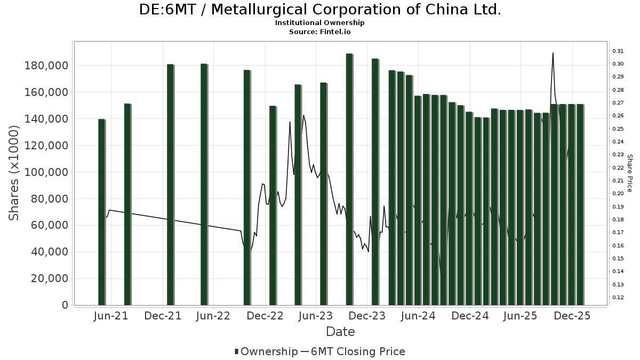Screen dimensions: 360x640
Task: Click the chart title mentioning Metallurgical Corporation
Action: [x=320, y=10]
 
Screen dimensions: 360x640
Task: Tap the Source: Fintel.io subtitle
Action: [x=320, y=32]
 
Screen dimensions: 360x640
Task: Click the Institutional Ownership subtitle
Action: [x=320, y=23]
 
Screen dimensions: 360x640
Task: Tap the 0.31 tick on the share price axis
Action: [x=618, y=51]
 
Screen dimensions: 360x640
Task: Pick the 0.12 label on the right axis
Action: [x=618, y=298]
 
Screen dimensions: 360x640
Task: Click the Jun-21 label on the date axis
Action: [x=110, y=316]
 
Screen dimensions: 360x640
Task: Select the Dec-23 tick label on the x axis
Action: [x=367, y=316]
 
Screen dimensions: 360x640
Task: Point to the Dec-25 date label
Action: [x=572, y=316]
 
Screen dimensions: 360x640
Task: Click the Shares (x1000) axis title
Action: [x=14, y=172]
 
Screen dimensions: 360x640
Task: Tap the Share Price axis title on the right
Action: [x=629, y=173]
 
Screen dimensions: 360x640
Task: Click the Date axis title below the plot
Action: [x=340, y=332]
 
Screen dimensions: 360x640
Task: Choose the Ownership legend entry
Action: [x=266, y=351]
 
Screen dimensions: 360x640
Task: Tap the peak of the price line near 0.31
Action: [x=553, y=53]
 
